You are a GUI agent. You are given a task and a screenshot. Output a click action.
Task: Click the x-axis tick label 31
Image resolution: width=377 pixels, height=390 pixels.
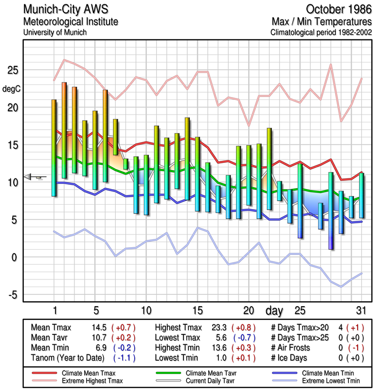click(x=360, y=311)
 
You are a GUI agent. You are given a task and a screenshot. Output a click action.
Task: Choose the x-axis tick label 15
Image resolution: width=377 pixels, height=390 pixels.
click(x=197, y=311)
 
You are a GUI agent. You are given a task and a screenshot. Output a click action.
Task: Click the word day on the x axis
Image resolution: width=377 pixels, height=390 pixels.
click(x=276, y=310)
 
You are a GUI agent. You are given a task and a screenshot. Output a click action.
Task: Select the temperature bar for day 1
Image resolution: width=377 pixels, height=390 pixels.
click(x=54, y=148)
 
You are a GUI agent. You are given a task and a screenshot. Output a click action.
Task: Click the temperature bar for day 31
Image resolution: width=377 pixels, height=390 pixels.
click(x=361, y=195)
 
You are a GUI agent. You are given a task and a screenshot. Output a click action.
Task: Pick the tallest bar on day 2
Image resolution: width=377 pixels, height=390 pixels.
click(x=64, y=130)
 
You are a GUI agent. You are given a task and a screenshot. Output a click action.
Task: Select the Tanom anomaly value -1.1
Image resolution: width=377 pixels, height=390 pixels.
click(x=124, y=358)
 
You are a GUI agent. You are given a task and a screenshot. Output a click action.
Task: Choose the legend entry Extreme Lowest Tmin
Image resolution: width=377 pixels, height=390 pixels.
click(x=323, y=380)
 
